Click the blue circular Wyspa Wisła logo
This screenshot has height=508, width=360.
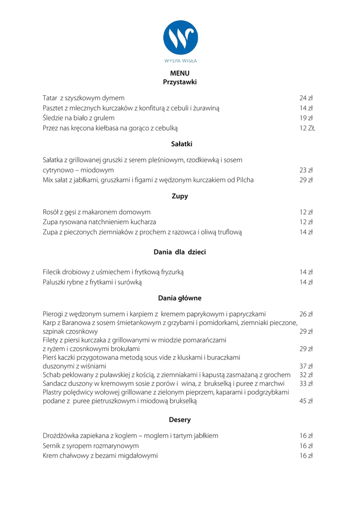click(180, 38)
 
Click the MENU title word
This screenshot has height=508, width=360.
click(180, 73)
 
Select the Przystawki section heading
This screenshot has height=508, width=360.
click(180, 82)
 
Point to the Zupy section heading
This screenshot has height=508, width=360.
click(180, 196)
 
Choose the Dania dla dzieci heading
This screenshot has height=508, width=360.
click(180, 253)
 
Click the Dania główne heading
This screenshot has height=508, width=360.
click(180, 299)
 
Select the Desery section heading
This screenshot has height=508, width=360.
click(180, 420)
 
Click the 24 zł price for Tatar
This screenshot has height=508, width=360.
click(306, 98)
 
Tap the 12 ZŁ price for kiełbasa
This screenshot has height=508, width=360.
click(307, 128)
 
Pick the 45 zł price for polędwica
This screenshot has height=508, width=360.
click(306, 401)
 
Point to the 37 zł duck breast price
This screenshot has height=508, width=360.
click(306, 366)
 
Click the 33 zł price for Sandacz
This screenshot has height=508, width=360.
click(306, 383)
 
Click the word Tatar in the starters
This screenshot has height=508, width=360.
click(50, 98)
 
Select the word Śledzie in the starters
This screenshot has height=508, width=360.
click(54, 118)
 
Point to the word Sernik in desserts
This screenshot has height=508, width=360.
click(52, 446)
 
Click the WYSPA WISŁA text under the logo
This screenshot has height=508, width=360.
click(180, 61)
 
